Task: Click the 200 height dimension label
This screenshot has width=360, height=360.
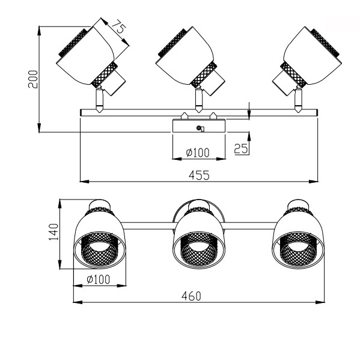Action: coord(33,79)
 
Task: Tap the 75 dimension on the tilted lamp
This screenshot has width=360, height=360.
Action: coord(120,26)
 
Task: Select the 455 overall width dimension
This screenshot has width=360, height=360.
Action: coord(199,175)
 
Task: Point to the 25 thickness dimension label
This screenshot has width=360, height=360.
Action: coord(241,148)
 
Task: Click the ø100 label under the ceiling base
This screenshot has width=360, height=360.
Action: coord(198,153)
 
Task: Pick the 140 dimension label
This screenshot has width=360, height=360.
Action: coord(53,231)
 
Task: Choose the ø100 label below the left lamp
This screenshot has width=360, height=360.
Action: coord(99,279)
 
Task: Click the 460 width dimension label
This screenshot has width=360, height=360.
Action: coord(191,296)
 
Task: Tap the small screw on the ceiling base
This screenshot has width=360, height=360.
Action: coord(198,128)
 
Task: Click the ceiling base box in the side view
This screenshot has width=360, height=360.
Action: coord(199,126)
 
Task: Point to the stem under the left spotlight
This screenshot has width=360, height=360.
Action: coord(100,100)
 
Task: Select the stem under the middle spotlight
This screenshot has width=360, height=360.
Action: coord(199,100)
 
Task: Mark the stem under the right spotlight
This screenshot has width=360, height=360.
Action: coord(298,100)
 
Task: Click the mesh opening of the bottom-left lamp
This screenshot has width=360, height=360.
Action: coord(100,249)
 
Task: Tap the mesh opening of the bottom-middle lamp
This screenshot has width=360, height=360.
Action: coord(199,249)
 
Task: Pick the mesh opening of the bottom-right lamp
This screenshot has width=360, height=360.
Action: coord(298,249)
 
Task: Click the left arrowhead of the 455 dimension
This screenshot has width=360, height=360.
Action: coord(84,182)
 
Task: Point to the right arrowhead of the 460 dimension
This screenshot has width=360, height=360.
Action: coord(320,302)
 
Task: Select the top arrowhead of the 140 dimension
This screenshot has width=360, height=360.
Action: coord(60,204)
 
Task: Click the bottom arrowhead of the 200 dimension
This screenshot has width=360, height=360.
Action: coord(39,127)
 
